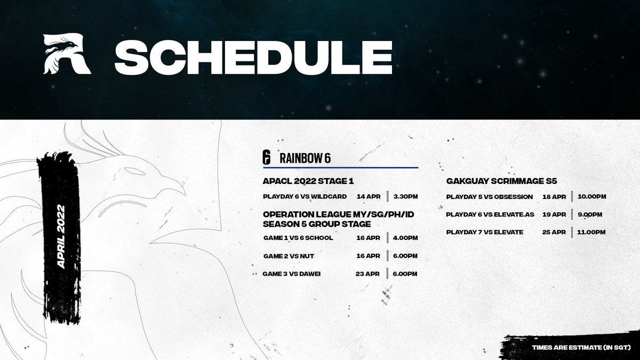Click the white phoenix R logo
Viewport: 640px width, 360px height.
[67, 54]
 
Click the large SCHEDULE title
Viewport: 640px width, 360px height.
[253, 57]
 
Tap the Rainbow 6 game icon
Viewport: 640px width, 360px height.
[266, 157]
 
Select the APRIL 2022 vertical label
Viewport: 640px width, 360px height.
[61, 237]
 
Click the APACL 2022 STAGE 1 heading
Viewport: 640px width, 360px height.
[308, 181]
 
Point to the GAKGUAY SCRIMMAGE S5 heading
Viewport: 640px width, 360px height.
[502, 181]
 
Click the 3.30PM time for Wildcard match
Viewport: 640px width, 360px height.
[405, 197]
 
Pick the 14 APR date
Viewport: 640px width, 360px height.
[369, 197]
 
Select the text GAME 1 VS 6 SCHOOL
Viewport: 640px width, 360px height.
[298, 238]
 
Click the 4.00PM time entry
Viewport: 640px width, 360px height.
[405, 238]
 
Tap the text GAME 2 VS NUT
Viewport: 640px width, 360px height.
[289, 256]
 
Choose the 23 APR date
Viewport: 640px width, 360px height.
[367, 274]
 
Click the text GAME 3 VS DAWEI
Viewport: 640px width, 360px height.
[292, 274]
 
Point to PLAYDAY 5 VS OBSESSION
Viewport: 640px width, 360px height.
[490, 197]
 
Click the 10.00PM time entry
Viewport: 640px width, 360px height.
[591, 197]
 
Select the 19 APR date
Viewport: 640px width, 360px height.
[554, 214]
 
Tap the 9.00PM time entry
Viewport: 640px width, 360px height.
[590, 214]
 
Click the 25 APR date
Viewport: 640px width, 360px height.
[554, 232]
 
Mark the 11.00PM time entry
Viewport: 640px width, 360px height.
[591, 232]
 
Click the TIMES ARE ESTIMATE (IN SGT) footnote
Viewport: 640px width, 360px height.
[581, 348]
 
